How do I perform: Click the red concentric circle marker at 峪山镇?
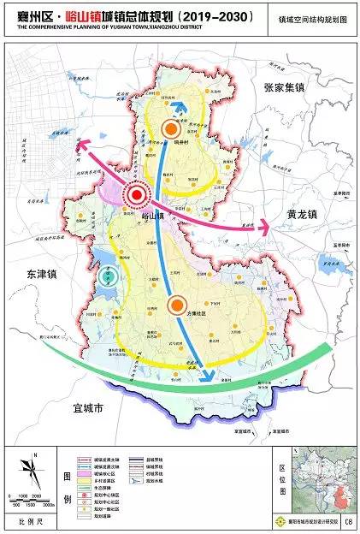tap(136, 196)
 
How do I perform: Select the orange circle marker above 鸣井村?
tap(173, 128)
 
